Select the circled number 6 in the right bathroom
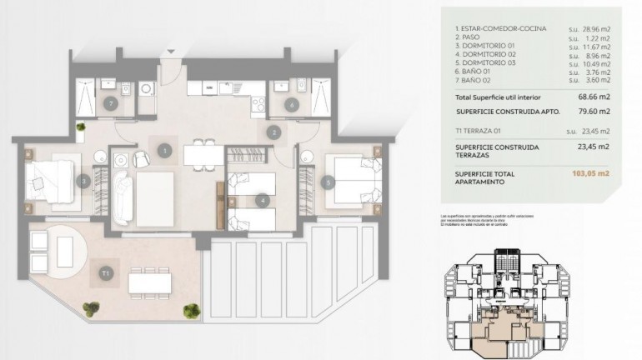point(291,104)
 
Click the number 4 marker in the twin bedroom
point(262,199)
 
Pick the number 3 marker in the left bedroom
point(84,180)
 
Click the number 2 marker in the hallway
point(273,132)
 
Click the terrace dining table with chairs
point(151,283)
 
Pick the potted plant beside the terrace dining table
point(191,311)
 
